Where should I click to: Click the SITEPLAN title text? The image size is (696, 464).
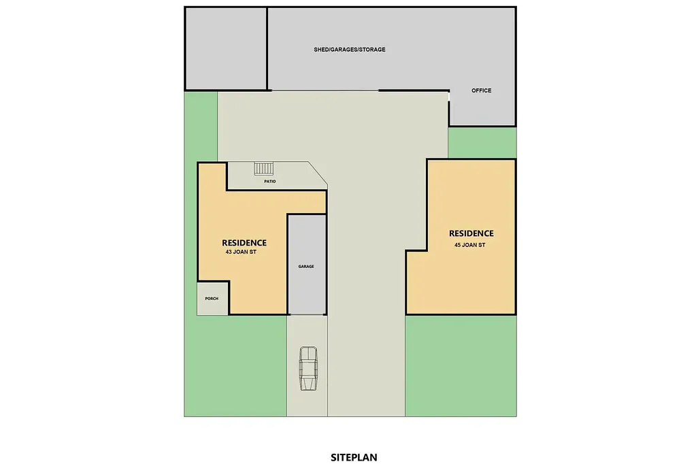tap(354, 457)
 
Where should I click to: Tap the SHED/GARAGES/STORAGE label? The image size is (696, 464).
tap(350, 50)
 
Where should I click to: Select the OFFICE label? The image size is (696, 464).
tap(481, 90)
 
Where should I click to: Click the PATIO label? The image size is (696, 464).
tap(270, 182)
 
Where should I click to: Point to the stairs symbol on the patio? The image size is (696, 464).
tap(263, 168)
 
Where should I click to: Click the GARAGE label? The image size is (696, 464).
tap(306, 267)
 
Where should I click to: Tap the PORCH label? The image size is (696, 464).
tap(212, 298)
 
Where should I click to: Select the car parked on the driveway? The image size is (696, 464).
tap(309, 369)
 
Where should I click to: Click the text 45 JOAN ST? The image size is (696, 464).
tap(470, 245)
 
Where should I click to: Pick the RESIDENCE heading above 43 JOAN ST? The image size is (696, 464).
tap(244, 242)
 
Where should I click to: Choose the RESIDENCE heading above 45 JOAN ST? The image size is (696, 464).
tap(471, 233)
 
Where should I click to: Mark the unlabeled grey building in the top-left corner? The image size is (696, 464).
tap(225, 48)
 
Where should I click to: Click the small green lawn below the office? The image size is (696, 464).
tap(482, 142)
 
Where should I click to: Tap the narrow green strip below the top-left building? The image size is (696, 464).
tap(201, 126)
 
